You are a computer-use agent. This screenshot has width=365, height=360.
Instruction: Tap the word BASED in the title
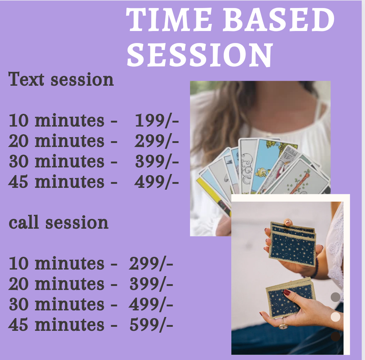click(x=279, y=20)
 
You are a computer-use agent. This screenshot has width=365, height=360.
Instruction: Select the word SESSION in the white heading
click(x=200, y=55)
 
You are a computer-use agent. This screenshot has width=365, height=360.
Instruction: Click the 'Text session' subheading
click(x=61, y=79)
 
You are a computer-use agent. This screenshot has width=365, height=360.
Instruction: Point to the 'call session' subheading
click(x=58, y=222)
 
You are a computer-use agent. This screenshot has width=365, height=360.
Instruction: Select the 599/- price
click(x=151, y=325)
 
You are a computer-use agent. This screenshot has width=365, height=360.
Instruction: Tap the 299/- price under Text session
click(x=156, y=141)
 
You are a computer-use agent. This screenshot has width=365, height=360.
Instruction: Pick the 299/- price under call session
click(x=151, y=264)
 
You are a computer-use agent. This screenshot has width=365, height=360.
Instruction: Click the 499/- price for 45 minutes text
click(x=156, y=182)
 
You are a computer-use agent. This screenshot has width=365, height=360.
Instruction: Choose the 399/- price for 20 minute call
click(x=151, y=284)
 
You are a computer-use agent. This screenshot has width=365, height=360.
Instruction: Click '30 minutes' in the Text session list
click(x=56, y=162)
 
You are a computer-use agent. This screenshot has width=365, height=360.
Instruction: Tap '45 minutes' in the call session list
click(x=56, y=325)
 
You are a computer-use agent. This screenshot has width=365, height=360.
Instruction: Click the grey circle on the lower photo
click(x=335, y=297)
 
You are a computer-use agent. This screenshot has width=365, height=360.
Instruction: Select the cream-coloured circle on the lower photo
click(x=335, y=317)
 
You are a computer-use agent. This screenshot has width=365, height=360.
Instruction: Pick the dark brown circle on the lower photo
click(x=335, y=337)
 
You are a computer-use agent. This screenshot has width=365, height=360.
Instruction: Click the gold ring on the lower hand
click(x=283, y=325)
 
